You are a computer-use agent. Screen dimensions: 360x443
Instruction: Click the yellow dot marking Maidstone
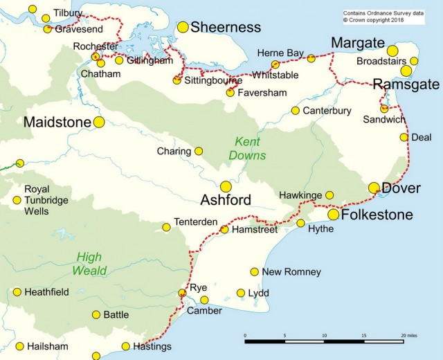[x=99, y=122]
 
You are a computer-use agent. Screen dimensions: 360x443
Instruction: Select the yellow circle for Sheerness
[x=183, y=27]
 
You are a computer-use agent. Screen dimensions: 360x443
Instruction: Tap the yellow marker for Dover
[x=374, y=188]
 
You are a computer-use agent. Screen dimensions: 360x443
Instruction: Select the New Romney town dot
[x=255, y=271]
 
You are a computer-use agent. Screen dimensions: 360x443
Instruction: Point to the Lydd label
[x=258, y=294]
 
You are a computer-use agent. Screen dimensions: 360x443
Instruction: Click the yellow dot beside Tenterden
[x=166, y=227]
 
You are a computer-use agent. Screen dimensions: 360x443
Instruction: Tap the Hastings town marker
[x=125, y=346]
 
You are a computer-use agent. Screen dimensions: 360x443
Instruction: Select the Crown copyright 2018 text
[x=373, y=20]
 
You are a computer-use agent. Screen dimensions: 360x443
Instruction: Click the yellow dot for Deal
[x=404, y=137]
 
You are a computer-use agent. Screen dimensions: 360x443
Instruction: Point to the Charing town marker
[x=199, y=151]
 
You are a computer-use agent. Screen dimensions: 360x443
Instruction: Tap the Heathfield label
[x=46, y=292]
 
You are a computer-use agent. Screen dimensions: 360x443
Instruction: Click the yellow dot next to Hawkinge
[x=329, y=195]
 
